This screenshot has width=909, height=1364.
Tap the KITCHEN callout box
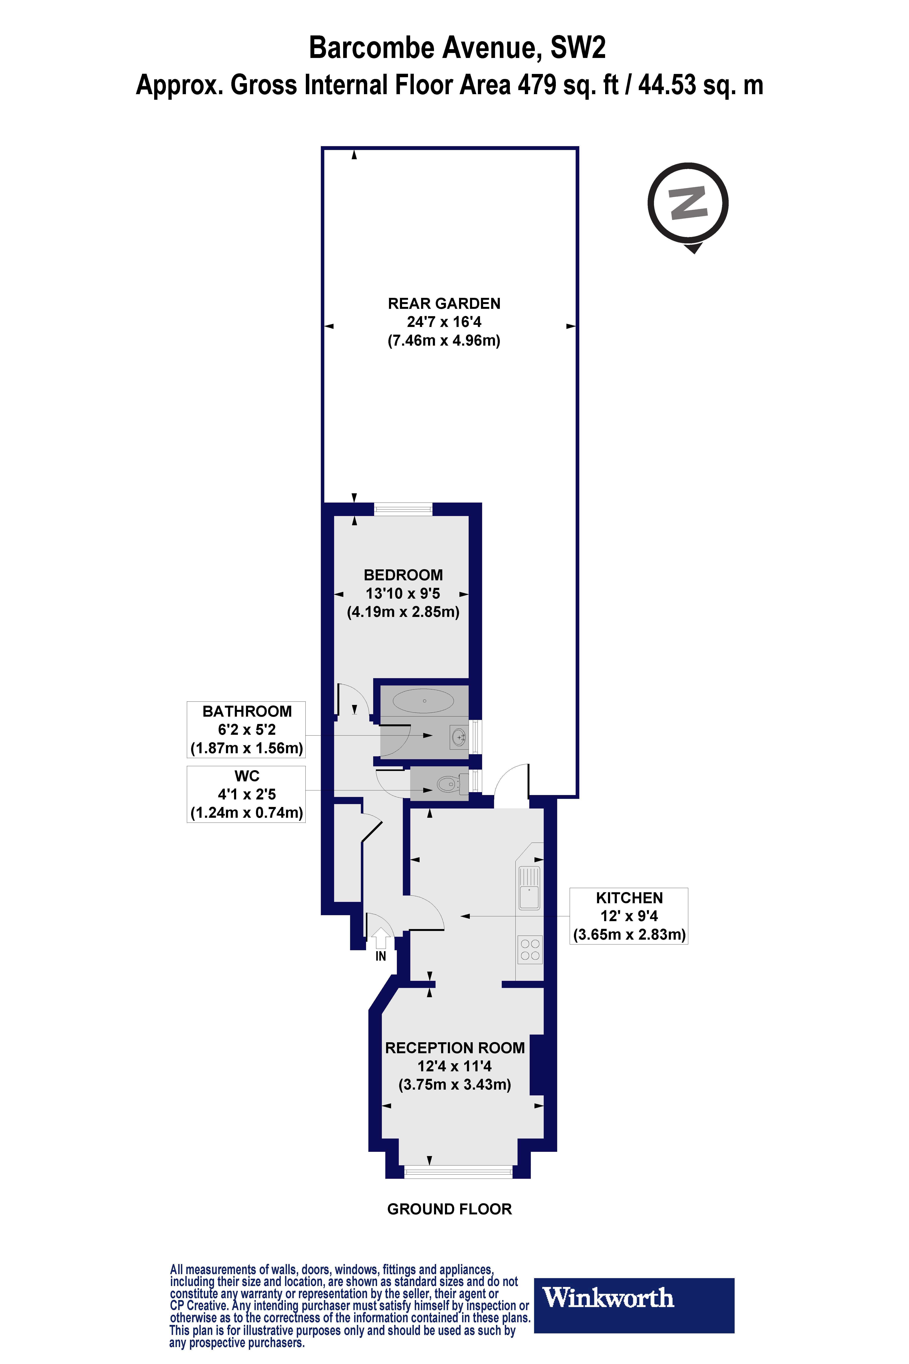pos(629,916)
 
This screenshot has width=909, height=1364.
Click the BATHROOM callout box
pos(246,730)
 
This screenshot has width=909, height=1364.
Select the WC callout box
pos(246,794)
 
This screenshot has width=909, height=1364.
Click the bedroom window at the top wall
pos(403,510)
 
